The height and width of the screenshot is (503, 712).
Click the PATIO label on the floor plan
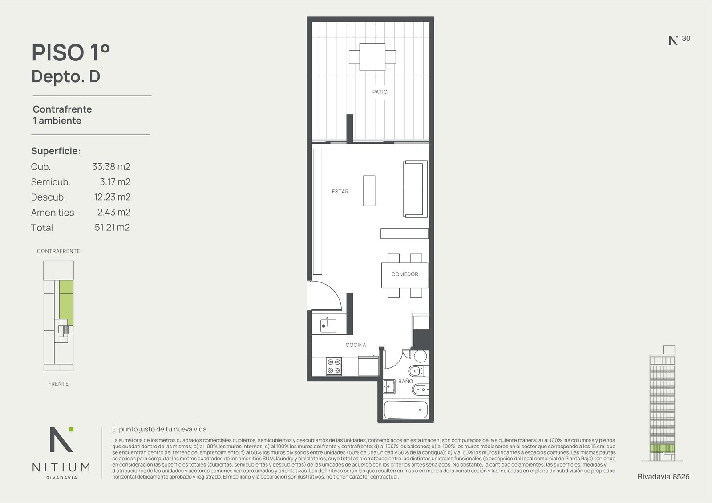tap(380, 92)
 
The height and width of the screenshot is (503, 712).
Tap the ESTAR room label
tap(340, 192)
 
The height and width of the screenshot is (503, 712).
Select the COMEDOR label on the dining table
tap(405, 274)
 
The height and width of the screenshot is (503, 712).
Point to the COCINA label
tap(356, 345)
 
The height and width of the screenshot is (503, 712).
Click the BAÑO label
tap(405, 381)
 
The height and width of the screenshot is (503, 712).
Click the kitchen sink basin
tap(328, 326)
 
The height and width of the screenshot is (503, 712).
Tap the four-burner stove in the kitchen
tap(334, 366)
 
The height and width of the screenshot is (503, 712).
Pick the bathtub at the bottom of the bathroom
tap(406, 410)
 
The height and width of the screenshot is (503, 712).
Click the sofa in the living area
tap(415, 189)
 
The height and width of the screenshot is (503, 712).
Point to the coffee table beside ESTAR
tap(369, 191)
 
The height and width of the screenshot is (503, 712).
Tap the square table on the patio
tap(372, 57)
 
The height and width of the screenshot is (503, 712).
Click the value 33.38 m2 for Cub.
tap(111, 166)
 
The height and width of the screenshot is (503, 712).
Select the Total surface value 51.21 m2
tap(112, 228)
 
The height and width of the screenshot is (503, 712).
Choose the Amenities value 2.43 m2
tap(114, 212)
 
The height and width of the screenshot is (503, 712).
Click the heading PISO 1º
tap(71, 53)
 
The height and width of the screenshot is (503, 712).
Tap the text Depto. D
tap(66, 76)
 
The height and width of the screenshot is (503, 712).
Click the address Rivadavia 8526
tap(663, 477)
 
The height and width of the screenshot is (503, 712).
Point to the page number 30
tap(686, 38)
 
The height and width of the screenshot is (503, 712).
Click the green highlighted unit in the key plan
tap(66, 302)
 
